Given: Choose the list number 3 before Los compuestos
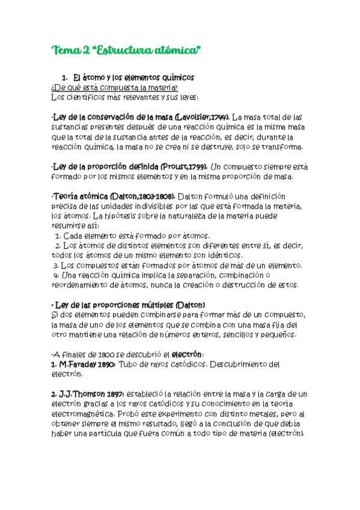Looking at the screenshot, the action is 55,265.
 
